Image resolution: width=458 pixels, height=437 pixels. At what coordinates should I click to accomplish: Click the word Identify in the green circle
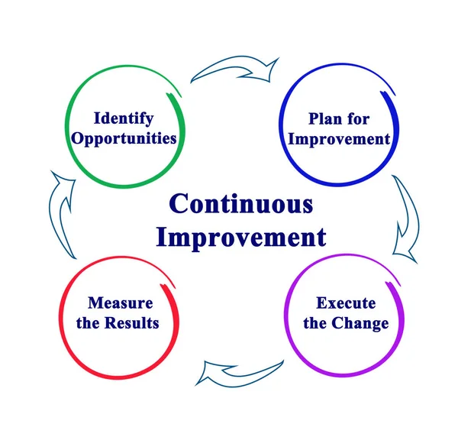click(x=124, y=118)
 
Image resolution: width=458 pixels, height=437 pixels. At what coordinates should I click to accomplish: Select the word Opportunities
click(x=124, y=138)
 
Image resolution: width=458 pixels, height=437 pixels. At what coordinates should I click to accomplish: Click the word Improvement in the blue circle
click(x=339, y=139)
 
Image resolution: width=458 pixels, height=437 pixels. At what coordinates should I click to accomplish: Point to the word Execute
click(x=346, y=303)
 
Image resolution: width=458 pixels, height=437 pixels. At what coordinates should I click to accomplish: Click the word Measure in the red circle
click(x=121, y=303)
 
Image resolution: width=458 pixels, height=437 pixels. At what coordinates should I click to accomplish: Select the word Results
click(x=133, y=323)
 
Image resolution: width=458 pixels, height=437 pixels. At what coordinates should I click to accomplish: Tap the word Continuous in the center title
click(x=240, y=205)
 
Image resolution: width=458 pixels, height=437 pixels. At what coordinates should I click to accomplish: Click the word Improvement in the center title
click(x=240, y=237)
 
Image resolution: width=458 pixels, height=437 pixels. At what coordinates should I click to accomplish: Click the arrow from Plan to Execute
click(x=405, y=218)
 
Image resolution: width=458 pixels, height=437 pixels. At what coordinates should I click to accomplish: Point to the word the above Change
click(x=315, y=323)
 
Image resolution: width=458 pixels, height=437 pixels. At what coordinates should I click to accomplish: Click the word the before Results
click(x=89, y=323)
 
